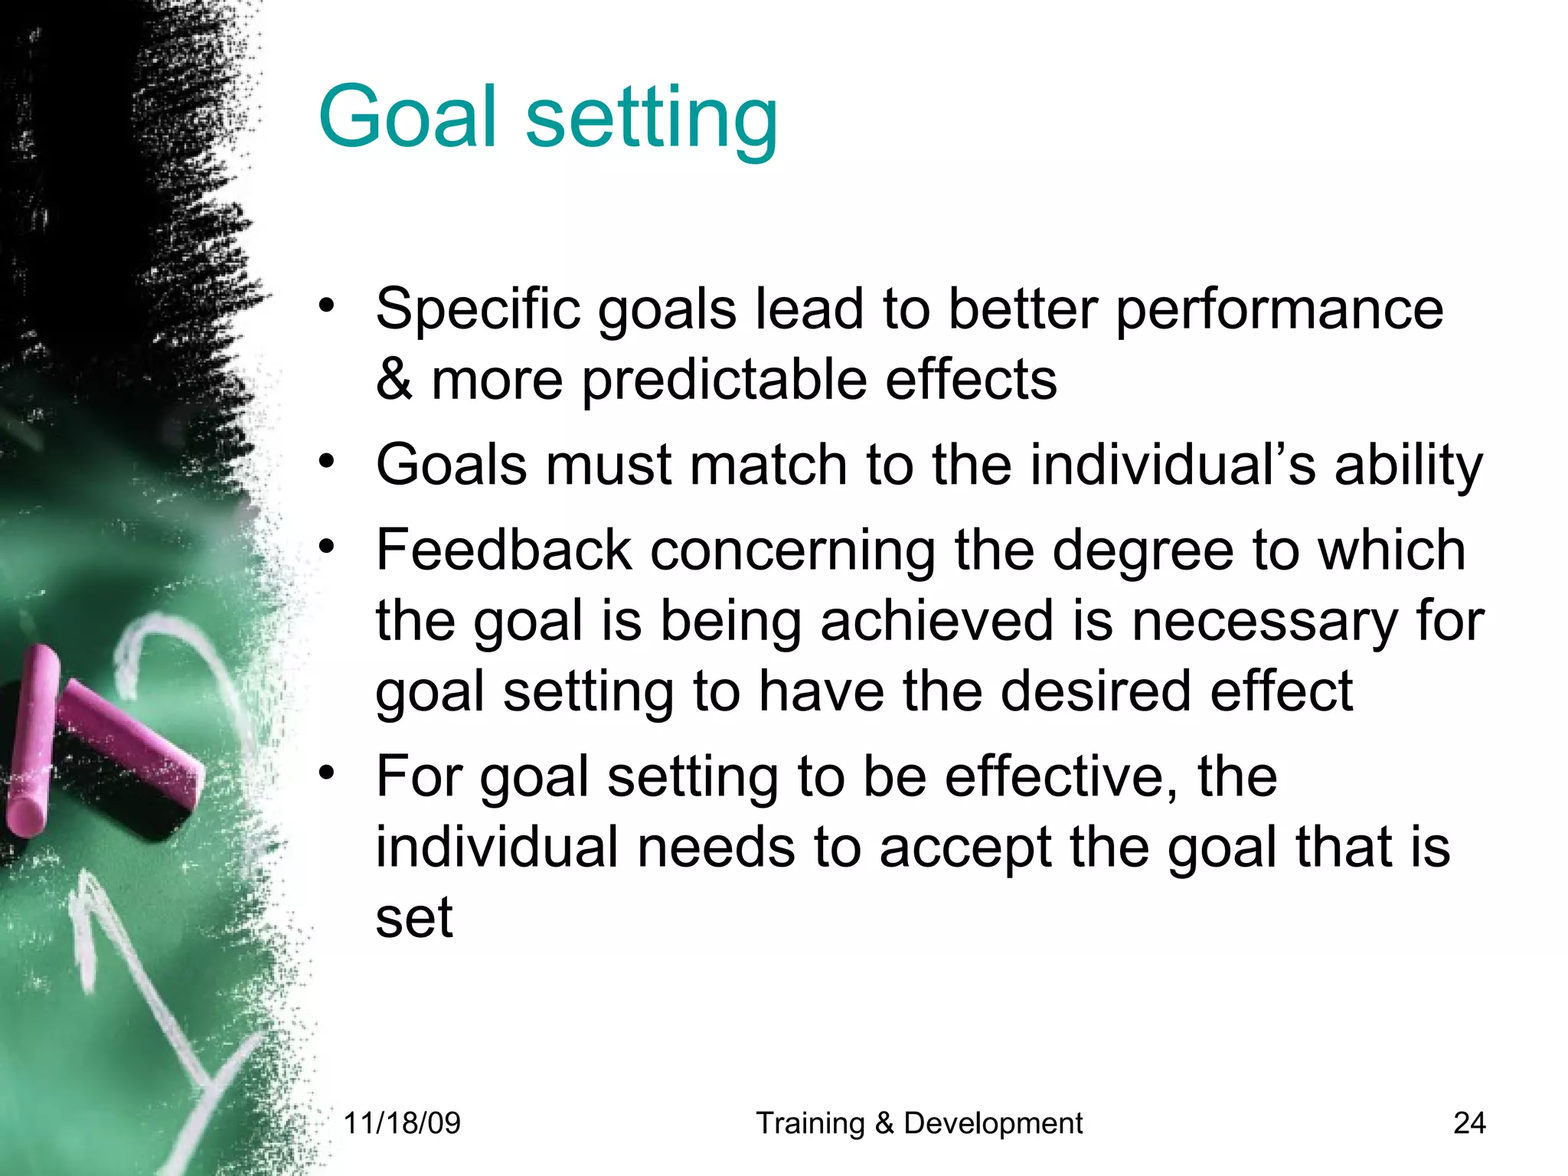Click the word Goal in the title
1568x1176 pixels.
click(x=408, y=116)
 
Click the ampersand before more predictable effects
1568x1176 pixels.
click(x=394, y=379)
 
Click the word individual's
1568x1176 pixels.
click(x=1172, y=465)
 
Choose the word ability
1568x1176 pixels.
click(x=1408, y=466)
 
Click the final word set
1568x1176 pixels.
click(x=414, y=917)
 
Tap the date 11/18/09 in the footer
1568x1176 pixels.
click(x=402, y=1123)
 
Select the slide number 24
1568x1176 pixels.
click(x=1469, y=1123)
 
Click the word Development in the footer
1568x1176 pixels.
click(x=993, y=1123)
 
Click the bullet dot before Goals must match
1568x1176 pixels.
click(x=328, y=461)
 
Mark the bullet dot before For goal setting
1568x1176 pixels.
click(x=328, y=773)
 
